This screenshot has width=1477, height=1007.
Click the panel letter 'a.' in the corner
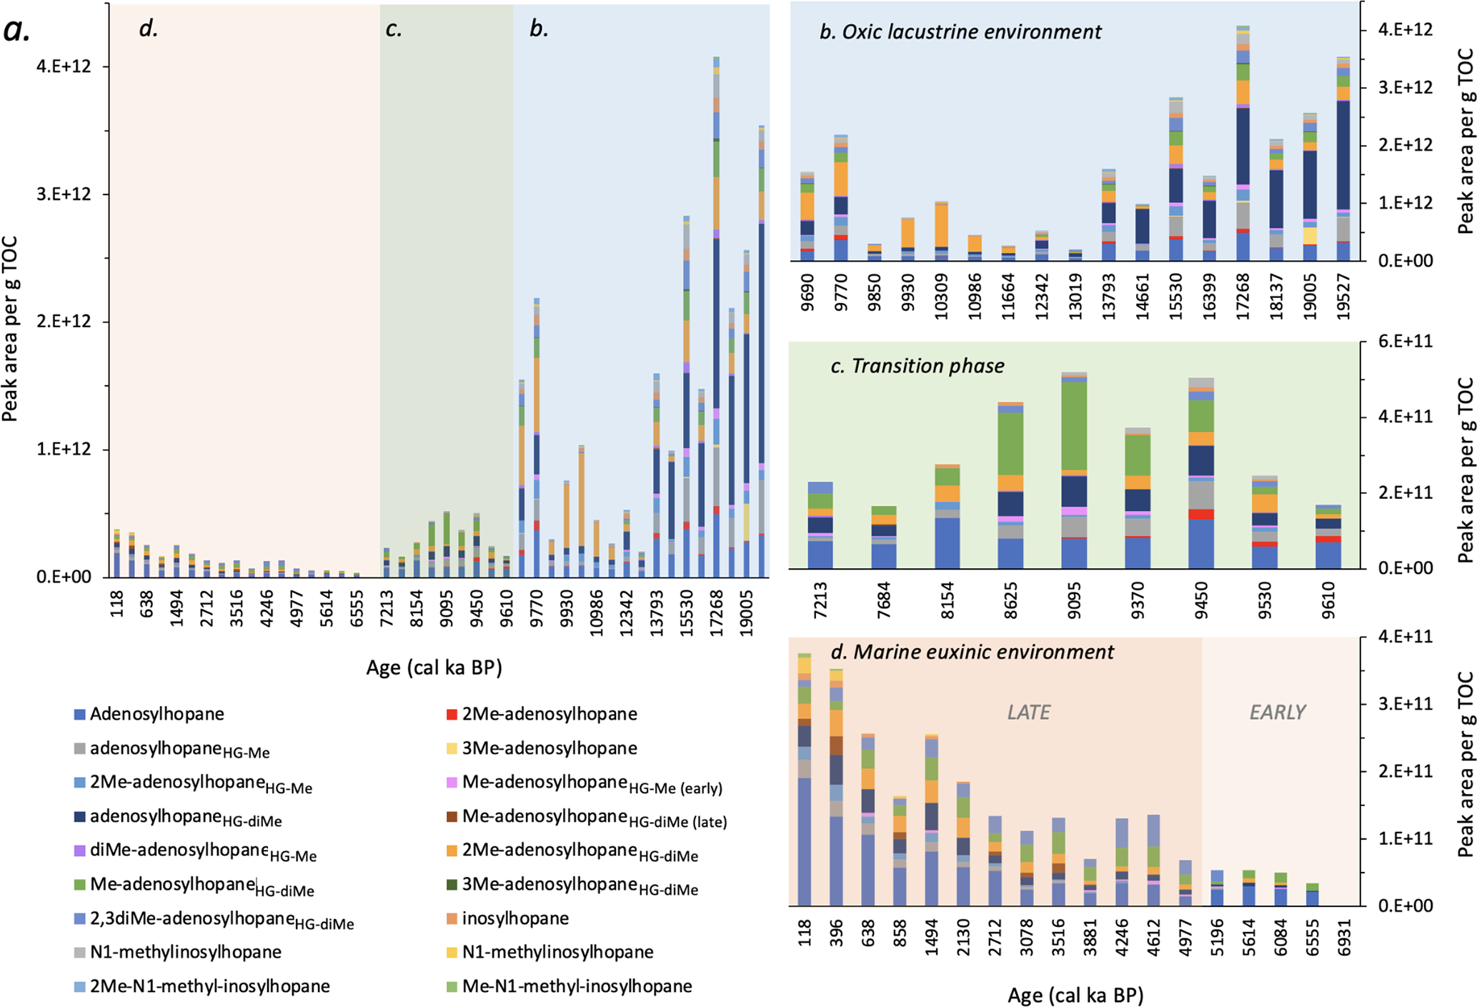[x=17, y=31]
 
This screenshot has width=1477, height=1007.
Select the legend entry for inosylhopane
[x=515, y=918]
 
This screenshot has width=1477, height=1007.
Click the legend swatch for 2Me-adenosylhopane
[x=451, y=714]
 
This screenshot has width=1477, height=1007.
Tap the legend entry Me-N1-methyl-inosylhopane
[x=577, y=986]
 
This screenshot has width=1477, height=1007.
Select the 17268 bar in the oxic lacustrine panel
[x=1243, y=143]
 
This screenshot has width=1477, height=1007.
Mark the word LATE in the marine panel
[x=1029, y=712]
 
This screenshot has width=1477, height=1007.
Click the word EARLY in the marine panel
[x=1278, y=712]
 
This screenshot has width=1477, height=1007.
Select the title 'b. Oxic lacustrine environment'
[x=960, y=32]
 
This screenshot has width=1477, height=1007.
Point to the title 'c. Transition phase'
[x=917, y=366]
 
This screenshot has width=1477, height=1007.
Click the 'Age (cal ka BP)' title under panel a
[x=434, y=668]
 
